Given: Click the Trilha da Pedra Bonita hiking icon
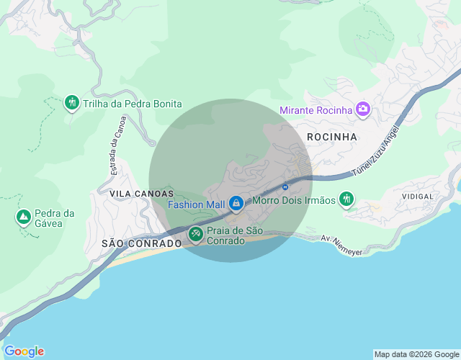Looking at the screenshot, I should (71, 104).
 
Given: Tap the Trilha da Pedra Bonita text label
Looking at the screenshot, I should (132, 104).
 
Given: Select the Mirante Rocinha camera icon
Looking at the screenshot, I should (362, 109).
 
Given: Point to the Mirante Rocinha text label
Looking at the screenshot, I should (315, 110).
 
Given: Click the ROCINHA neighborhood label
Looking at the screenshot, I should (332, 136).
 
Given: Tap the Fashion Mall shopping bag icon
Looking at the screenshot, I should (236, 204).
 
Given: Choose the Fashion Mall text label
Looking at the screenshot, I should (196, 204).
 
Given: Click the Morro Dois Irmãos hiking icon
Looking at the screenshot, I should (347, 199).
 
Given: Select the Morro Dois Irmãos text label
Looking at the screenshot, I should (294, 200).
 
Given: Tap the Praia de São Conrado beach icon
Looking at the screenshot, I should (195, 234).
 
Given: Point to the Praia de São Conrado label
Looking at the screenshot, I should (234, 235).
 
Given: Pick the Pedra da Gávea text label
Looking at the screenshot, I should (55, 218).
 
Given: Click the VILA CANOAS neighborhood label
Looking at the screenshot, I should (142, 194).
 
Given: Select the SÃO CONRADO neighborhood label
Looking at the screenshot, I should (142, 243).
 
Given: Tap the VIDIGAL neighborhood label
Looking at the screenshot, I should (418, 196).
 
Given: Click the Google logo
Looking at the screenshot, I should (24, 351).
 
